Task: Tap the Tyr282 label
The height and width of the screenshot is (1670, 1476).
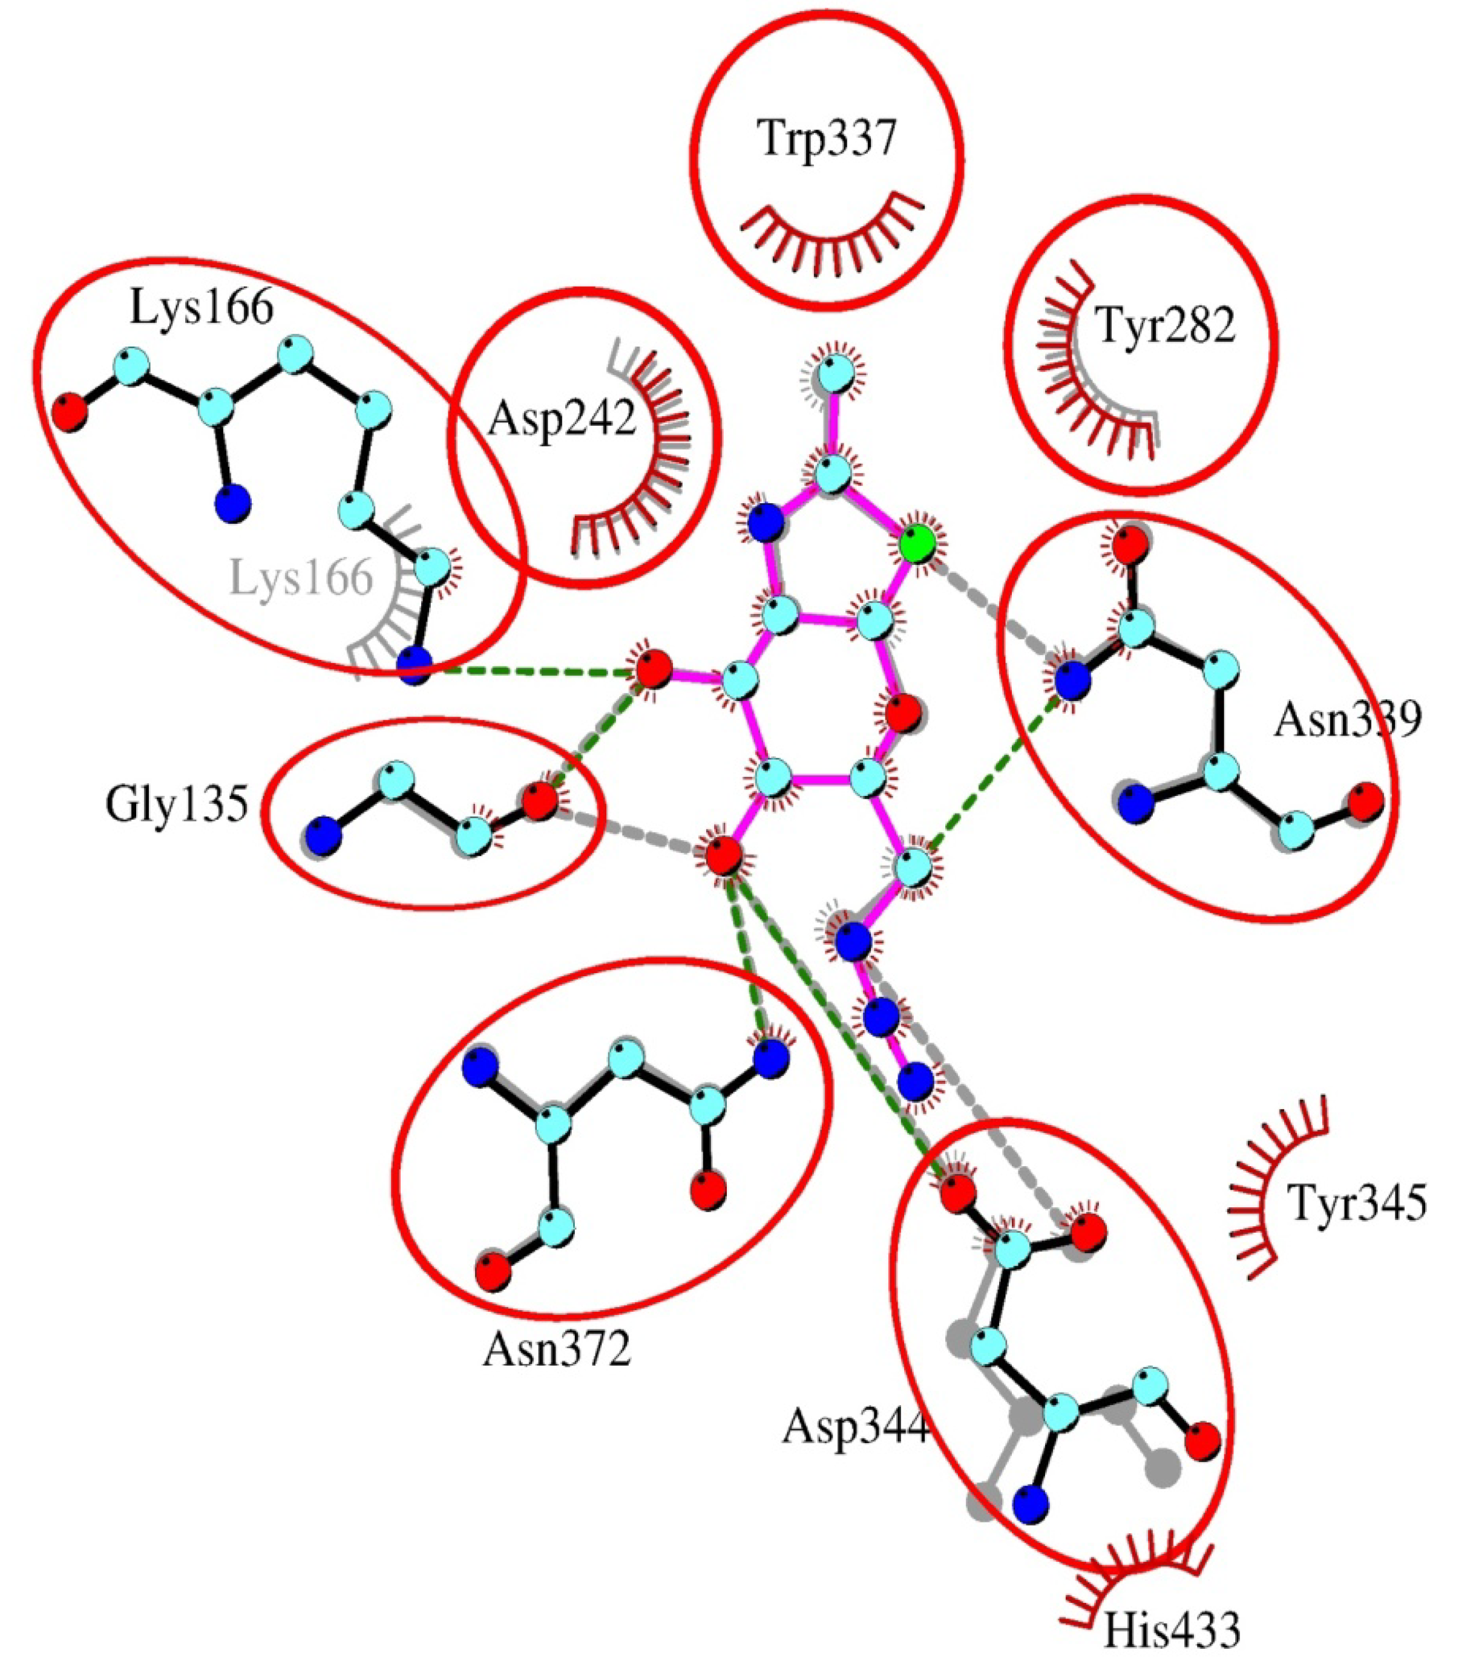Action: (1164, 327)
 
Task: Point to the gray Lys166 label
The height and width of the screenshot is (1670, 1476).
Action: (301, 578)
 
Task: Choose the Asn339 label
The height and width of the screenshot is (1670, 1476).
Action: (1347, 719)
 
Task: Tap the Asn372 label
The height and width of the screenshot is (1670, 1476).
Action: (557, 1349)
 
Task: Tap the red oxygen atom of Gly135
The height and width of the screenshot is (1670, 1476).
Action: (539, 801)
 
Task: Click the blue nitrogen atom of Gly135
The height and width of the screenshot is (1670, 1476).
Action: (322, 838)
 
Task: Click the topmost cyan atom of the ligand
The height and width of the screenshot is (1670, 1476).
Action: (835, 375)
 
